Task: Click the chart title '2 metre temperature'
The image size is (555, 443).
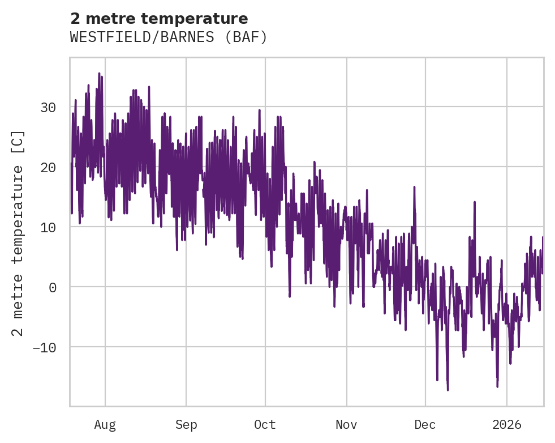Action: coord(159,19)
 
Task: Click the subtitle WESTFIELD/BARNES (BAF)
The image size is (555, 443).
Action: coord(168,37)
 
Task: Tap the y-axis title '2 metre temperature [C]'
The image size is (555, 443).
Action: coord(19,233)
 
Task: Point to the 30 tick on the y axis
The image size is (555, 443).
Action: coord(49,107)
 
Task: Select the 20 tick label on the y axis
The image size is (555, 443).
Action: coord(49,167)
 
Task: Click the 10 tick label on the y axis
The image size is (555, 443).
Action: coord(49,227)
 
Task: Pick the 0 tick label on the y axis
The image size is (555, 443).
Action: coord(53,287)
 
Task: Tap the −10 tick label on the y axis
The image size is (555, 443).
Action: coord(45,347)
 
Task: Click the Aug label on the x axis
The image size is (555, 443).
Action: coord(105,424)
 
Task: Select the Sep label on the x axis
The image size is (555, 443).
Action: coord(186,424)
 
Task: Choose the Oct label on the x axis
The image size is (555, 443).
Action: coord(265,424)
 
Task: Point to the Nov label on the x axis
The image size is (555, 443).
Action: coord(346,424)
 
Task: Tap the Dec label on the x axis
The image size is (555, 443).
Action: coord(425,424)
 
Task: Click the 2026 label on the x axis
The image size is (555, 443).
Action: coord(506,424)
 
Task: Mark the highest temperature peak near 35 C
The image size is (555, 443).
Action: coord(99,74)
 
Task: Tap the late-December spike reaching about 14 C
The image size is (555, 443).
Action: coord(475,202)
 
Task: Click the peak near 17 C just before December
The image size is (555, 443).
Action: coord(414,187)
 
